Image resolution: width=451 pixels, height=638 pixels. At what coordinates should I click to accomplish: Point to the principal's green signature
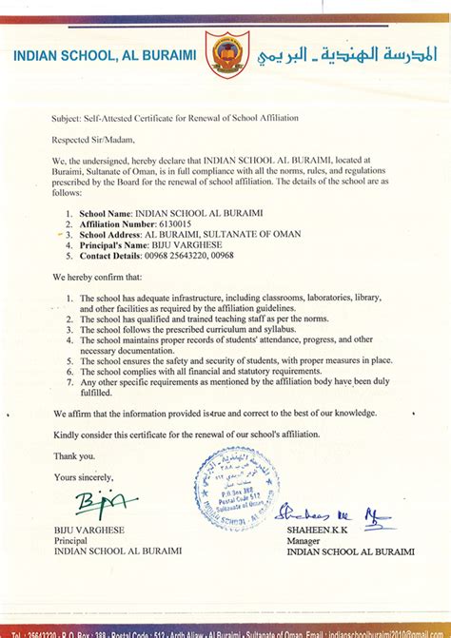tap(99, 500)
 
